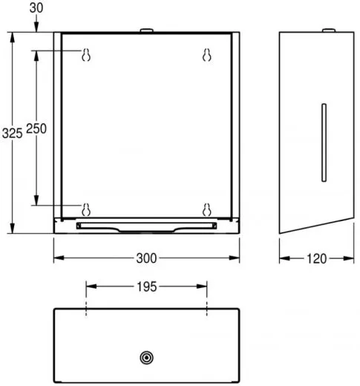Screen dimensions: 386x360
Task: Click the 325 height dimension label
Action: (x=11, y=133)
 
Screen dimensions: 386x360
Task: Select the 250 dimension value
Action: (x=36, y=128)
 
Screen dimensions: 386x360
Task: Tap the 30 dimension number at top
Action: (x=35, y=8)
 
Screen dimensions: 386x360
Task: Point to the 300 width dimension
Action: (x=147, y=258)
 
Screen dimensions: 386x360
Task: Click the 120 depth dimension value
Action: (x=316, y=258)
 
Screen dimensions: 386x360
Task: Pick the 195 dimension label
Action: (x=146, y=285)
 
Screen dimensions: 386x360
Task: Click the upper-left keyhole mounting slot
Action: (x=86, y=55)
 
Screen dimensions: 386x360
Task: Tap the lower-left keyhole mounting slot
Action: (x=86, y=208)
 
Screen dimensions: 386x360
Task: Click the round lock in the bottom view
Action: (x=146, y=358)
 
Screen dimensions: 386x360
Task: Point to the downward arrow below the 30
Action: (x=35, y=25)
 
